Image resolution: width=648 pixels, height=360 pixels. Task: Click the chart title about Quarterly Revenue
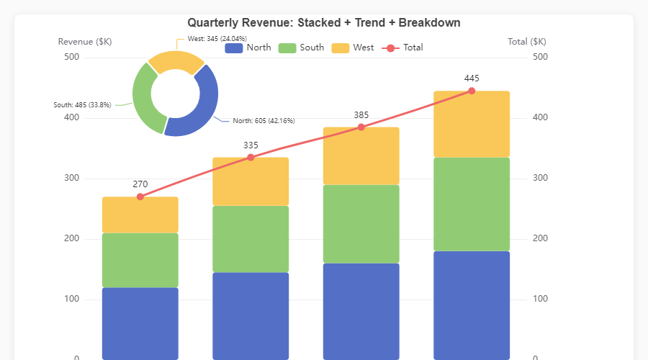point(323,23)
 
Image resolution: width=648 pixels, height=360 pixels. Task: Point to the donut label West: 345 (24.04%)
point(217,37)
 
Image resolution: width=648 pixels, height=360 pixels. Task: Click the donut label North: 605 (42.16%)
point(263,121)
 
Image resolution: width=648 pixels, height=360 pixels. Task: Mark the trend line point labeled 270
point(140,197)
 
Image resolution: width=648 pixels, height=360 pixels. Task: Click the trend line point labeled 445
point(472,91)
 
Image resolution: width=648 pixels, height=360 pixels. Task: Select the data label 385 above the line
point(361,115)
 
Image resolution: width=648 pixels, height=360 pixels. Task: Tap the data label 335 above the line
point(251,145)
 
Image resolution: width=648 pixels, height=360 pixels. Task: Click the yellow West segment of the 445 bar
point(472,124)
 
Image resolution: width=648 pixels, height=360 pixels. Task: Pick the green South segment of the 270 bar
point(140,260)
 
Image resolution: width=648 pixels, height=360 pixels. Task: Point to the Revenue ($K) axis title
point(85,42)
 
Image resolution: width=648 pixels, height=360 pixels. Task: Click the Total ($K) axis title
point(527,42)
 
